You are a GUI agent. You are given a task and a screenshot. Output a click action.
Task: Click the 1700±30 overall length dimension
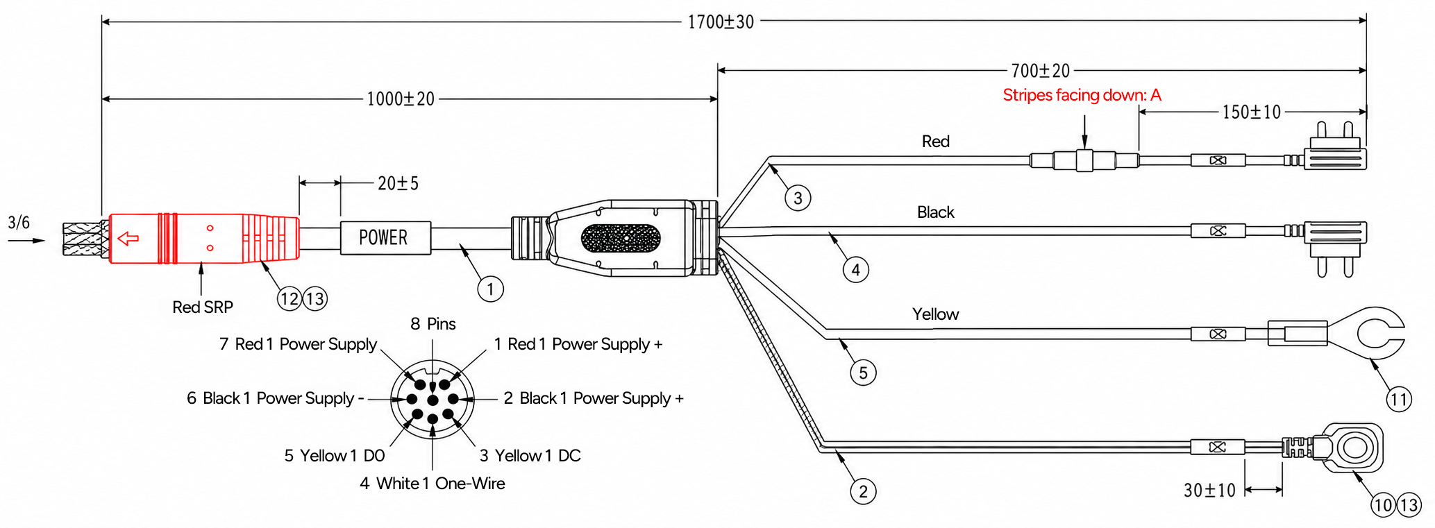(721, 22)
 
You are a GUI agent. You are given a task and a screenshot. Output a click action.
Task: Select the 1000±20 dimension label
(401, 99)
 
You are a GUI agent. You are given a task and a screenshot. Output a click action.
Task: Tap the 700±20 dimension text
(1041, 71)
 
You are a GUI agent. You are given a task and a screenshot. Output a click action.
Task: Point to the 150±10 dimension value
(1252, 112)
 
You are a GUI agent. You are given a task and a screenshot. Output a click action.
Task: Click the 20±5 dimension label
(398, 183)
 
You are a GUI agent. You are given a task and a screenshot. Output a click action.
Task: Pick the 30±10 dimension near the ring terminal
(1209, 491)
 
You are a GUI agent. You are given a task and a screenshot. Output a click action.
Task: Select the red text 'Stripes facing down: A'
(1082, 95)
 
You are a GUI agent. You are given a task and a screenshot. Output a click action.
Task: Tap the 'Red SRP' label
(203, 307)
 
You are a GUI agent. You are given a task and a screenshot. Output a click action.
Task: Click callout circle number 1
(491, 289)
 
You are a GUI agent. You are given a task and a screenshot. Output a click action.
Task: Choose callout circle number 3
(798, 198)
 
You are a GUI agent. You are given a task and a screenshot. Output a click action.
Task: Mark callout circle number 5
(863, 373)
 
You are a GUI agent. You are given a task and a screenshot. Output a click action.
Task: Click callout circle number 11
(1399, 399)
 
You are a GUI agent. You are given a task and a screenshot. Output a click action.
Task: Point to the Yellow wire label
(935, 314)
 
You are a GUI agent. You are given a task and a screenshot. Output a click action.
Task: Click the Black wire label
(936, 212)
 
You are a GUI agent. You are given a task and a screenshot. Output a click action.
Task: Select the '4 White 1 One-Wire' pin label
(433, 484)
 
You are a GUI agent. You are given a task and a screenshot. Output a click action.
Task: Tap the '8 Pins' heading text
(433, 324)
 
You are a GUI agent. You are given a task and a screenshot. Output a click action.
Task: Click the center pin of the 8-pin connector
(433, 400)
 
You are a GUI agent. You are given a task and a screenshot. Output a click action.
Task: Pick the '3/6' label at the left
(19, 223)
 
